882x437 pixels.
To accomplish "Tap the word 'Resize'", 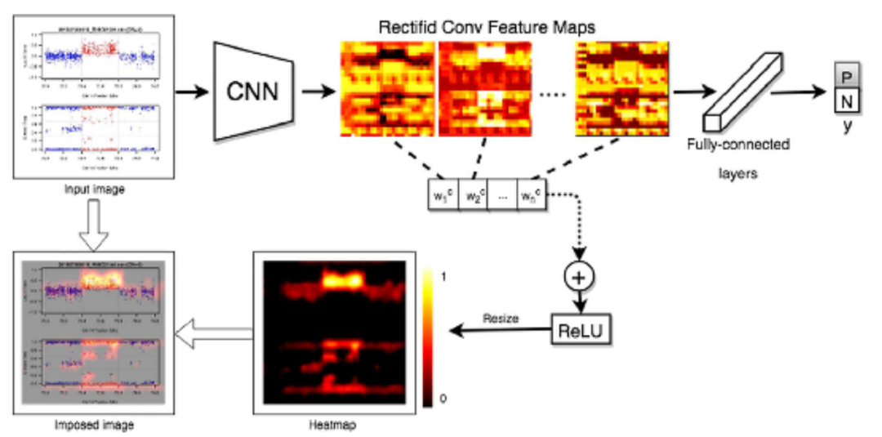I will (500, 318).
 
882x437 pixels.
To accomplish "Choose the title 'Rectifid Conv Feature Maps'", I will (488, 25).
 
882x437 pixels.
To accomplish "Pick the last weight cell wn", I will (531, 196).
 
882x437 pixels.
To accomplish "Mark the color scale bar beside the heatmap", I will (429, 337).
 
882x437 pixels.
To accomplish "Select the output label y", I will (847, 127).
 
